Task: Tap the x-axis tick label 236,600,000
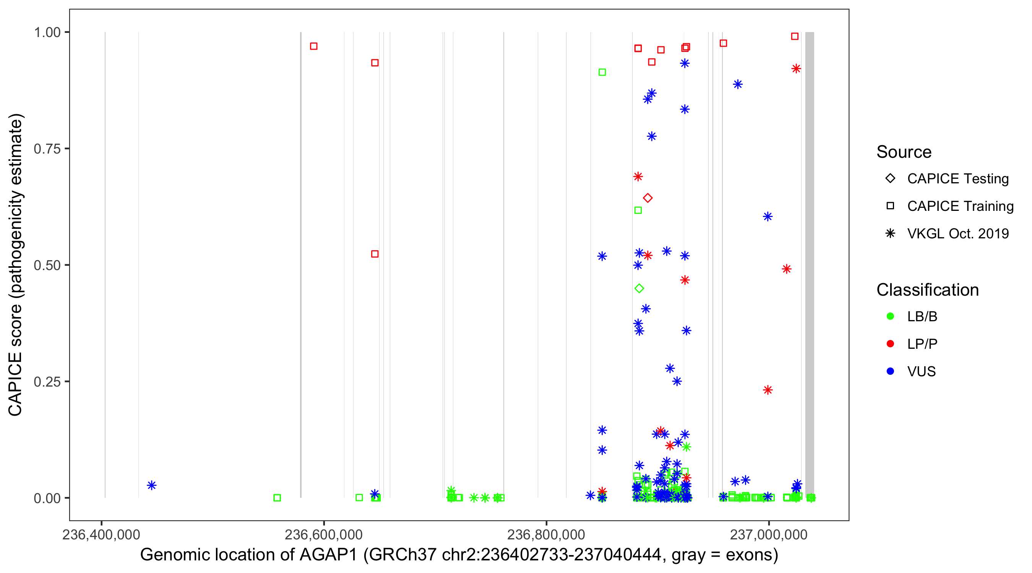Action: (x=323, y=534)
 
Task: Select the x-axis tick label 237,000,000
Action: (x=768, y=534)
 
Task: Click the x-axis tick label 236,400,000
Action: (x=101, y=534)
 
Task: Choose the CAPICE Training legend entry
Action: (x=960, y=206)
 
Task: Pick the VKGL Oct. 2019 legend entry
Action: (x=957, y=233)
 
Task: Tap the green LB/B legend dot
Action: (x=890, y=316)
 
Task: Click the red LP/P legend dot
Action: (x=890, y=344)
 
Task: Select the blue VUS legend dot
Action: (x=890, y=371)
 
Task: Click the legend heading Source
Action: (x=904, y=152)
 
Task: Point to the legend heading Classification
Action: (x=927, y=290)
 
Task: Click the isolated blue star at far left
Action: (x=151, y=485)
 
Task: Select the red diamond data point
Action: (x=647, y=198)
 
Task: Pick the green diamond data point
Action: (x=639, y=288)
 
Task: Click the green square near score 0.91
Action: (x=602, y=72)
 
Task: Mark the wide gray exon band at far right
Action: (x=809, y=264)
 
